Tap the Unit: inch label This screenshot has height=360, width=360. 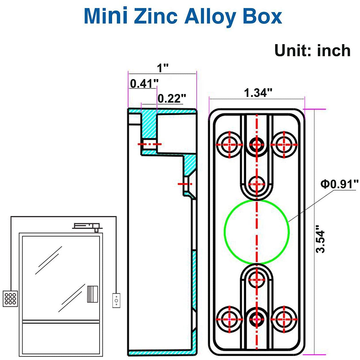click(312, 51)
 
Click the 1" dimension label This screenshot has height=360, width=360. click(163, 69)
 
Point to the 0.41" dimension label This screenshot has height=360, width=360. click(144, 84)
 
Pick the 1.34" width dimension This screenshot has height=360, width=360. click(258, 93)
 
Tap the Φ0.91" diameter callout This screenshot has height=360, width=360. click(339, 184)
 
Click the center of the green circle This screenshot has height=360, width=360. click(257, 232)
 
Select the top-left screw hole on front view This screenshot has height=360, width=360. click(230, 144)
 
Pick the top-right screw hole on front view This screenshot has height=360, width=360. click(284, 144)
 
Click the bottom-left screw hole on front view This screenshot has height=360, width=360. click(230, 319)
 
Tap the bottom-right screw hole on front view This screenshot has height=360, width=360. click(284, 319)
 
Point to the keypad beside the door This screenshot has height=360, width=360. click(10, 298)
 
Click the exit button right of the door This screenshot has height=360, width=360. click(116, 300)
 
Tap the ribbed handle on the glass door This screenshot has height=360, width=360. click(92, 294)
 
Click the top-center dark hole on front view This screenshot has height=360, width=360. click(257, 144)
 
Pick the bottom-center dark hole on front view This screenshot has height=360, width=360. click(257, 319)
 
